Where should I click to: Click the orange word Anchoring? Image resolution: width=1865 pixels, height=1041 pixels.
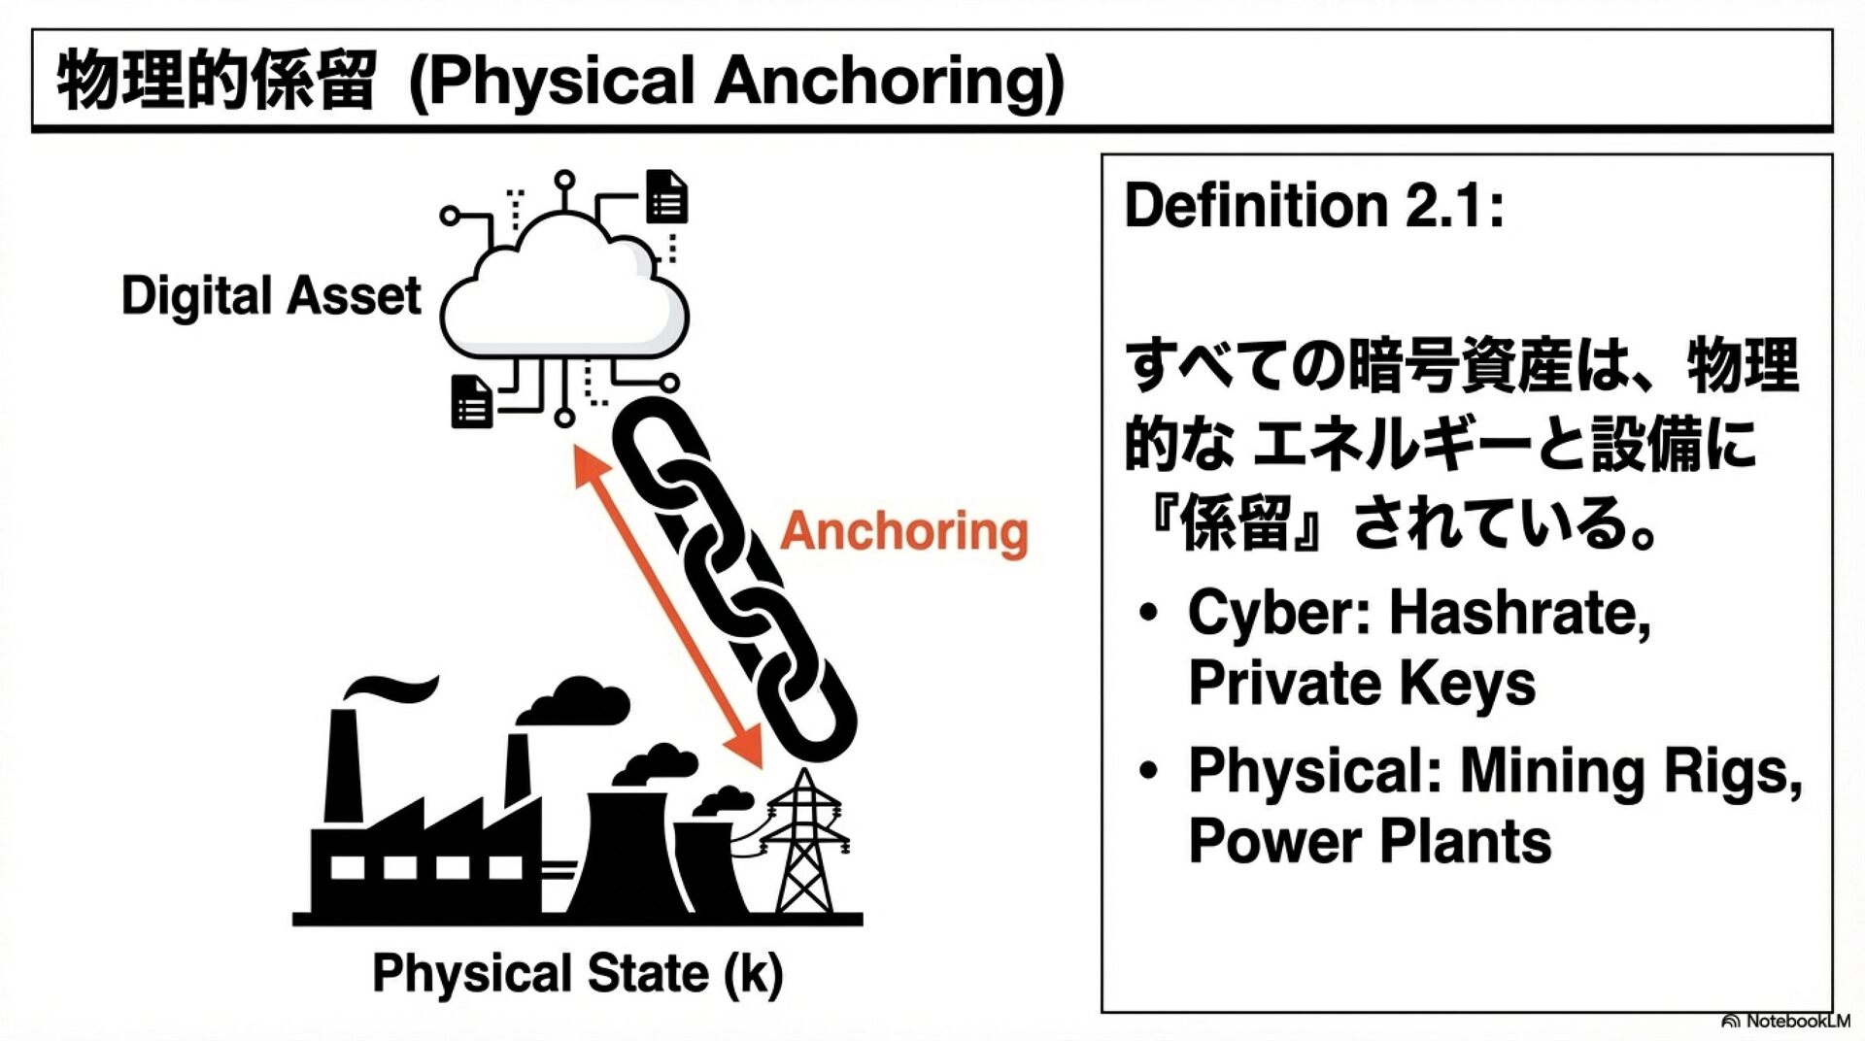pos(903,532)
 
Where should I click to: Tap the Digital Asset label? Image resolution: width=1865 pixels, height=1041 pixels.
pos(271,296)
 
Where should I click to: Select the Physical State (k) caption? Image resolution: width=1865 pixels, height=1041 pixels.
pos(577,973)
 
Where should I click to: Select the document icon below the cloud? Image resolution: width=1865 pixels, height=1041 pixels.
pos(473,402)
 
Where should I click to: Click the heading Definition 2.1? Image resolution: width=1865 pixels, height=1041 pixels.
pos(1313,206)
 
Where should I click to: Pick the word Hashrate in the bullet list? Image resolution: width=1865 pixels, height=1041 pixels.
pos(1520,614)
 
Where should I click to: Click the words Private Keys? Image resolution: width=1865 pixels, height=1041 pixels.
pos(1362,683)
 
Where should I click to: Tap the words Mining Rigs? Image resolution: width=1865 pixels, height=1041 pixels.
pos(1631,771)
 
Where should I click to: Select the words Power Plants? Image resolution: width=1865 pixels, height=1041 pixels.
pos(1370,841)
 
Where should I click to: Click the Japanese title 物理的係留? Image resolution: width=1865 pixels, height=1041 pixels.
pos(216,81)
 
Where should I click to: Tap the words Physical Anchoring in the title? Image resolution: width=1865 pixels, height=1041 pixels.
pos(736,81)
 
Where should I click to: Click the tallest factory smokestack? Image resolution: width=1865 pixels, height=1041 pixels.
pos(342,767)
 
